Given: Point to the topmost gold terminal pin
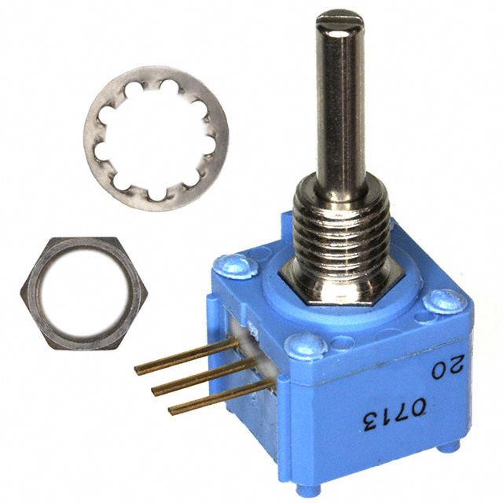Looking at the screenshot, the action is tap(186, 357).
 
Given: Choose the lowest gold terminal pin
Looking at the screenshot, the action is tap(222, 396).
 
